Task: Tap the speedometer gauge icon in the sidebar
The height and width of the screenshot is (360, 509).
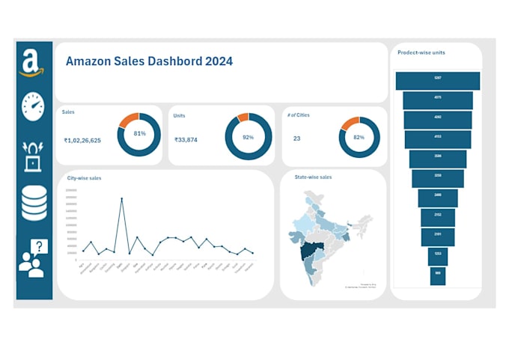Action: (34, 107)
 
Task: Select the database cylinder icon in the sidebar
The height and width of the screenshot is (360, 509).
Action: (34, 203)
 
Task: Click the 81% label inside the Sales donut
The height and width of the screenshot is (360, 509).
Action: (139, 133)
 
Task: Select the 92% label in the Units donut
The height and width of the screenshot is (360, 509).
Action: (247, 138)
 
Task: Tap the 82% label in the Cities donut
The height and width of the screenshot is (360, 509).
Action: (359, 138)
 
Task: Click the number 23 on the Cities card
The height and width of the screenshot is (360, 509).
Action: (296, 138)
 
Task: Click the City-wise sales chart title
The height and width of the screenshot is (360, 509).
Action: (85, 178)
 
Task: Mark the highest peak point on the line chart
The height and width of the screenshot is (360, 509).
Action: (121, 198)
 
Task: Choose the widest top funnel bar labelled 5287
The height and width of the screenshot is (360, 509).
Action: (437, 79)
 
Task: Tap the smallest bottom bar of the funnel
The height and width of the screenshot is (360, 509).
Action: (438, 275)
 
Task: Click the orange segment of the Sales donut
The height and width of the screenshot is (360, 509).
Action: (129, 118)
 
